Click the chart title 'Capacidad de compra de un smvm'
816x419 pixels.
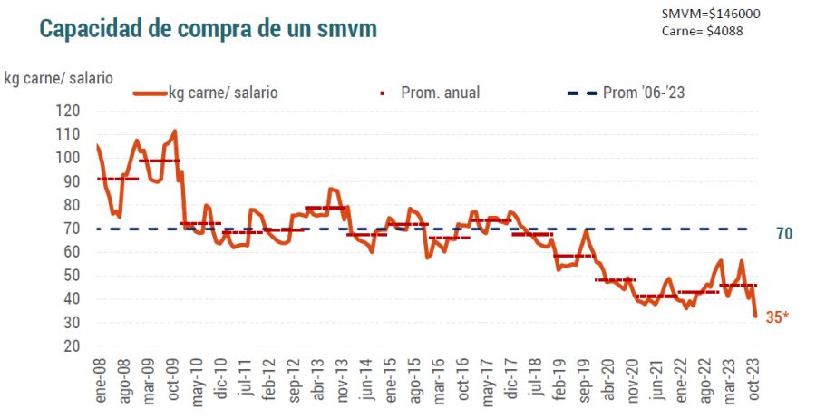click(208, 28)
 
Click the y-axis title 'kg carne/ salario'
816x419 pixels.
click(58, 77)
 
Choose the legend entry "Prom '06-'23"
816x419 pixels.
click(632, 92)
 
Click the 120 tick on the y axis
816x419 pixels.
click(69, 111)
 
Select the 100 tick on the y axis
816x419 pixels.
click(69, 158)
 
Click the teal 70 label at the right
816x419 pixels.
click(784, 234)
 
